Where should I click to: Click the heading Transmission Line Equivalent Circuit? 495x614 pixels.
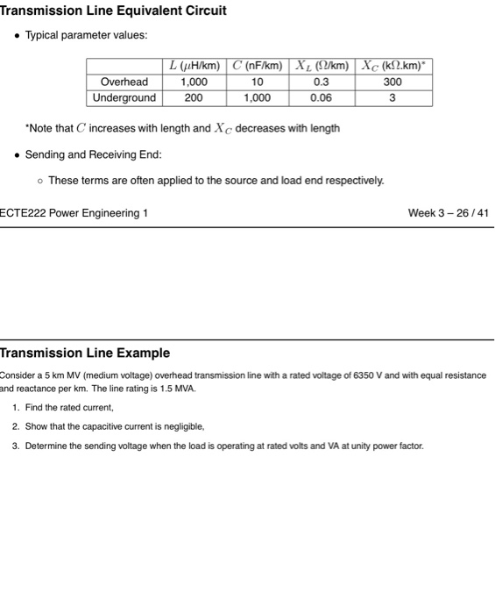(x=113, y=11)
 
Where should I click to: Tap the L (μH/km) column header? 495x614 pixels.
(x=193, y=66)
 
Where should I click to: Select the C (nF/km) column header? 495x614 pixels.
(x=257, y=66)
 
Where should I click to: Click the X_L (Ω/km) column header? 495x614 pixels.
(x=322, y=66)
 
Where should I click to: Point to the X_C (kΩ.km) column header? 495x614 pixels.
(x=392, y=66)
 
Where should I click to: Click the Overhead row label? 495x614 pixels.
(x=124, y=82)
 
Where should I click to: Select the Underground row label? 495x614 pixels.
(x=124, y=97)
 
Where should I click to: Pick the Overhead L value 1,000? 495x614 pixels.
(x=193, y=82)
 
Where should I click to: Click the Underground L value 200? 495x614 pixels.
(x=193, y=97)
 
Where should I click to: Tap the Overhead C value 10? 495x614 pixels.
(x=257, y=82)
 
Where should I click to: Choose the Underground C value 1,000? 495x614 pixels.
(x=257, y=97)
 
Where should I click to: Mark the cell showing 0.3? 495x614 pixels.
(x=322, y=82)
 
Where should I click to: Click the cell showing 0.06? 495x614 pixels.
(x=322, y=97)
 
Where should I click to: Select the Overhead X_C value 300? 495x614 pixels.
(x=392, y=82)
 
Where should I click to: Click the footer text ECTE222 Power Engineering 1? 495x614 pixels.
(x=74, y=213)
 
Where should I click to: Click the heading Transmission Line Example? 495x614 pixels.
(x=85, y=353)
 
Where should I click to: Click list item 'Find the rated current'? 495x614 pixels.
(x=69, y=408)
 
